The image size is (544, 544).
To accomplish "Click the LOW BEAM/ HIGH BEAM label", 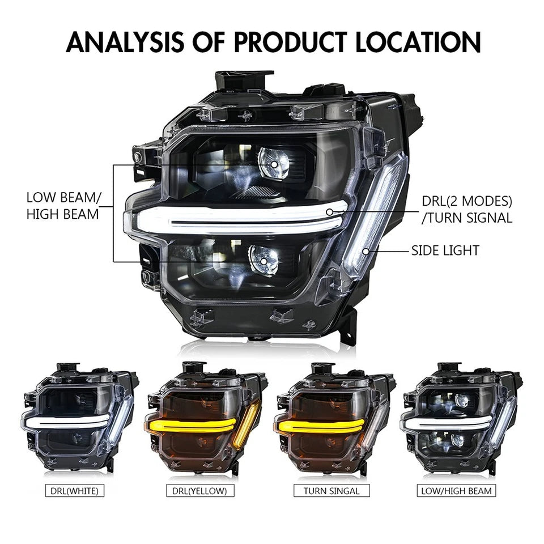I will [63, 206].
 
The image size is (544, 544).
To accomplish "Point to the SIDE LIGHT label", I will [445, 250].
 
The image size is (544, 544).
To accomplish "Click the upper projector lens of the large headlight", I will [274, 164].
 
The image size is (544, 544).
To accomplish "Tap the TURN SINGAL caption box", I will [331, 491].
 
